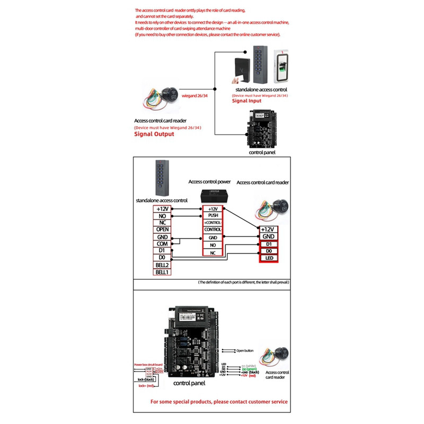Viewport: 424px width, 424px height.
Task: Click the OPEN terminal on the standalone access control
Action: tap(162, 229)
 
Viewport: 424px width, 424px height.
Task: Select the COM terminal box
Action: tap(162, 243)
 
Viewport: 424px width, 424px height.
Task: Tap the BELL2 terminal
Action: tap(162, 264)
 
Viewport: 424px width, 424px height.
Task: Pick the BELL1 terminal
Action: tap(162, 272)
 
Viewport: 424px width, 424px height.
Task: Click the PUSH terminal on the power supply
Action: tap(213, 216)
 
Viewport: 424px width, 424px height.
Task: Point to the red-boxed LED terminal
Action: tap(268, 258)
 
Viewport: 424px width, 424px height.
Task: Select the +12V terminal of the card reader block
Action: tap(268, 229)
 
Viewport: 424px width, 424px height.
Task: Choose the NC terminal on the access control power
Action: tap(213, 253)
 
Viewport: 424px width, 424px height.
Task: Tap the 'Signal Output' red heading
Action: tap(154, 134)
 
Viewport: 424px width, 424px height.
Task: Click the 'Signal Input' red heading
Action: tap(247, 101)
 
